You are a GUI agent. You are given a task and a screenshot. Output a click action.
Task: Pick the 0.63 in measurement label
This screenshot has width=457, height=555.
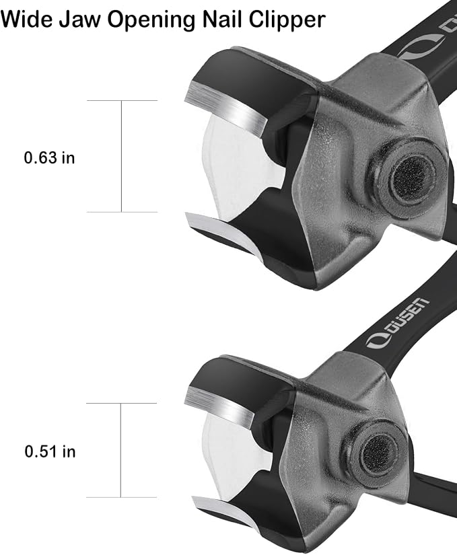point(50,157)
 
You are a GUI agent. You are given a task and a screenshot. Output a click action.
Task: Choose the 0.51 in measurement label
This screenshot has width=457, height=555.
point(50,451)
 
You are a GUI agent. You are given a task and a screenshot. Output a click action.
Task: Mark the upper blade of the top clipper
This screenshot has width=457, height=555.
point(227,108)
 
